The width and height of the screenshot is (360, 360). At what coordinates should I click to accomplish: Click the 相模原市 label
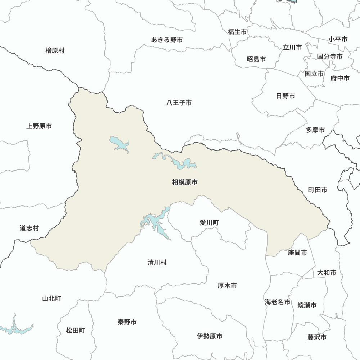click(185, 183)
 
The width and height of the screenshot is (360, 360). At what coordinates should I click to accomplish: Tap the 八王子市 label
click(179, 103)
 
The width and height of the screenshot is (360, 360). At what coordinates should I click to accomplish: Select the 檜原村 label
click(55, 50)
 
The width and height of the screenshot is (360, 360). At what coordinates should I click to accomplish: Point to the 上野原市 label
click(39, 126)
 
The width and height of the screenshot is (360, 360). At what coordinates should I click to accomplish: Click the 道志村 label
click(29, 228)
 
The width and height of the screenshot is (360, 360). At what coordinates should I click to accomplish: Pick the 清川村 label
click(157, 262)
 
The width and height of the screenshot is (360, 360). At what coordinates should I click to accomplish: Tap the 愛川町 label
click(209, 223)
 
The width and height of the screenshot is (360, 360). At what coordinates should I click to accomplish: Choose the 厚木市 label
click(228, 285)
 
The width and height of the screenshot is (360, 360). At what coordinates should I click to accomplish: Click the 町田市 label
click(318, 190)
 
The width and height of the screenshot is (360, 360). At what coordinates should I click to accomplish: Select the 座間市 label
click(298, 253)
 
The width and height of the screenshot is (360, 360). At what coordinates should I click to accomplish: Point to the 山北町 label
click(52, 298)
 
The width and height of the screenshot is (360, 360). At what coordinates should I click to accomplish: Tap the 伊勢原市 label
click(210, 336)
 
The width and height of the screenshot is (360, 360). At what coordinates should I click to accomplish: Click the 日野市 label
click(285, 96)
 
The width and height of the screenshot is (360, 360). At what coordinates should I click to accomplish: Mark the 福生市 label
click(237, 32)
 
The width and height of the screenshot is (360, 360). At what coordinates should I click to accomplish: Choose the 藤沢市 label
click(317, 337)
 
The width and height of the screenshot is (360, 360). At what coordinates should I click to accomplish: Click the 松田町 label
click(76, 330)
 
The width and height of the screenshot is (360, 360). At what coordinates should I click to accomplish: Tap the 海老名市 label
click(278, 302)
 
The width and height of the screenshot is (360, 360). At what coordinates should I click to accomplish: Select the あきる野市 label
click(167, 40)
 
